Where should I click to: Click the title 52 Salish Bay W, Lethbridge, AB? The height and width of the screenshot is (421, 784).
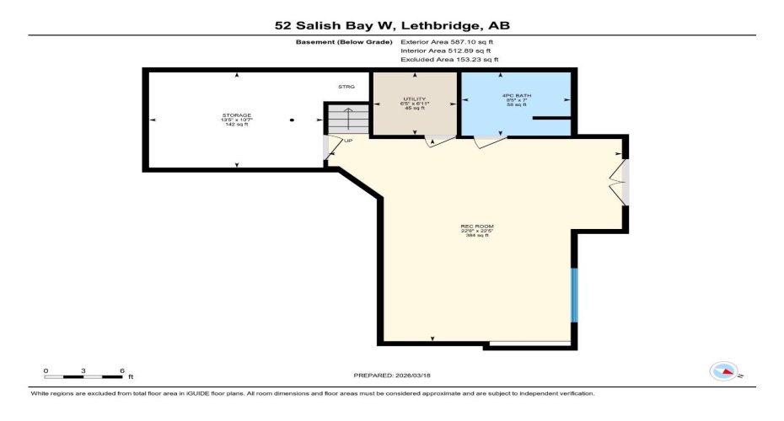(392, 26)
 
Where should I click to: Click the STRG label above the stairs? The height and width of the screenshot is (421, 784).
(346, 87)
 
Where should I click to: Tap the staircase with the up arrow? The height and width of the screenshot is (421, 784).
(346, 120)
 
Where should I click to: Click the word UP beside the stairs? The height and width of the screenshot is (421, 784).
(347, 141)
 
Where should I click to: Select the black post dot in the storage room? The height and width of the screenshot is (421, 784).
(292, 120)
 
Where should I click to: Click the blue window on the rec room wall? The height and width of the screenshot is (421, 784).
(575, 295)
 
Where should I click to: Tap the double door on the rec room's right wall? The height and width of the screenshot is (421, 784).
(621, 181)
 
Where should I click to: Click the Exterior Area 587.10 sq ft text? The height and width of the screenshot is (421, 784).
(449, 40)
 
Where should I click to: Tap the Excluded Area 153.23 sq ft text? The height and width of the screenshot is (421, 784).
(449, 60)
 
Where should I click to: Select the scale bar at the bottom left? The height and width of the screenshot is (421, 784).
(84, 375)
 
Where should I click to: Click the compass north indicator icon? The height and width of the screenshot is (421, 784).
(724, 370)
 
